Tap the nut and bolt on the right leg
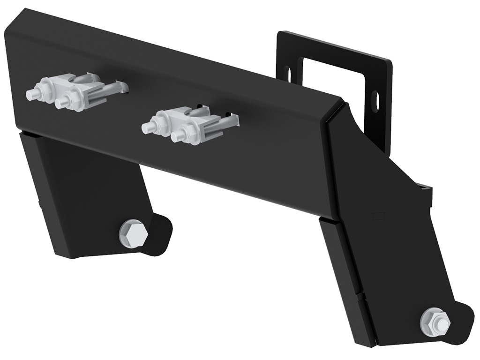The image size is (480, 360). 435,321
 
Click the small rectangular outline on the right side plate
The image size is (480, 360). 378,215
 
